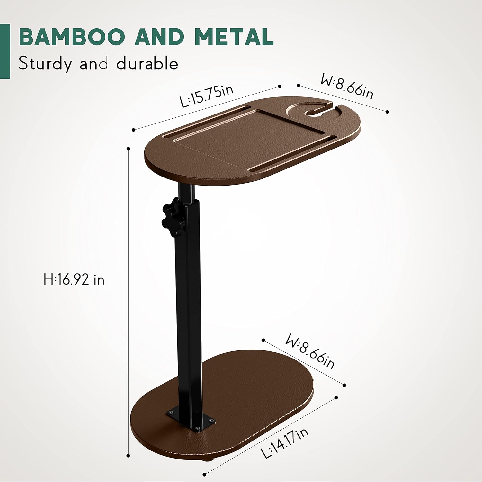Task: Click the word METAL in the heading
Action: point(234,37)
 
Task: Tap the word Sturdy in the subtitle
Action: point(45,63)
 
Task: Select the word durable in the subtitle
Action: point(147,63)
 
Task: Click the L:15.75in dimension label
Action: point(206,96)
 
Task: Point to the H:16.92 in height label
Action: point(74,279)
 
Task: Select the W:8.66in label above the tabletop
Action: point(347,86)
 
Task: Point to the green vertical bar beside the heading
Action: point(5,51)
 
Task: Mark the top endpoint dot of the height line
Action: point(129,149)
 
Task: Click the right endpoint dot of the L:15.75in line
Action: point(280,86)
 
